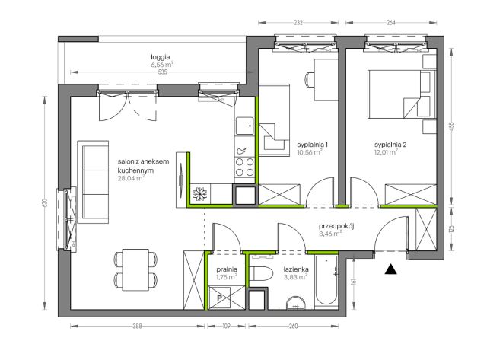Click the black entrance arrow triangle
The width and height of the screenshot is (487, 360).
click(x=390, y=269)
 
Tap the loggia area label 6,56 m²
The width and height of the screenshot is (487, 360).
click(x=162, y=65)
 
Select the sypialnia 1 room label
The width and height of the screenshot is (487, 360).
click(x=313, y=145)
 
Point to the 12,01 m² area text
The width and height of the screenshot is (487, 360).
click(x=386, y=152)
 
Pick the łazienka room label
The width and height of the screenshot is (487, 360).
click(x=296, y=269)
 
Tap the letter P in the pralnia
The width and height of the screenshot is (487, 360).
click(x=220, y=298)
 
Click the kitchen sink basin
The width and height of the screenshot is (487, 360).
click(x=245, y=126)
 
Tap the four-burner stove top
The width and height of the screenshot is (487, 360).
click(x=244, y=167)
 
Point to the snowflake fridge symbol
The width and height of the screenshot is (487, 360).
click(x=199, y=194)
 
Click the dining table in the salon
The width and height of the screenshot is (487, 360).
click(x=135, y=269)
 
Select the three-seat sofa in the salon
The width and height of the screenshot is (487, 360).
click(x=93, y=182)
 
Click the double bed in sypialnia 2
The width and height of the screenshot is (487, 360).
click(x=402, y=94)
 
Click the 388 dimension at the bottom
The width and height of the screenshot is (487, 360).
click(x=137, y=326)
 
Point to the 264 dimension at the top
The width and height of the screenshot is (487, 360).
click(x=391, y=22)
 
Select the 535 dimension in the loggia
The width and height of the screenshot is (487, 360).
click(x=162, y=72)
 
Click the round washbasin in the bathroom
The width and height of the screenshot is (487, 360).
click(x=295, y=304)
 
